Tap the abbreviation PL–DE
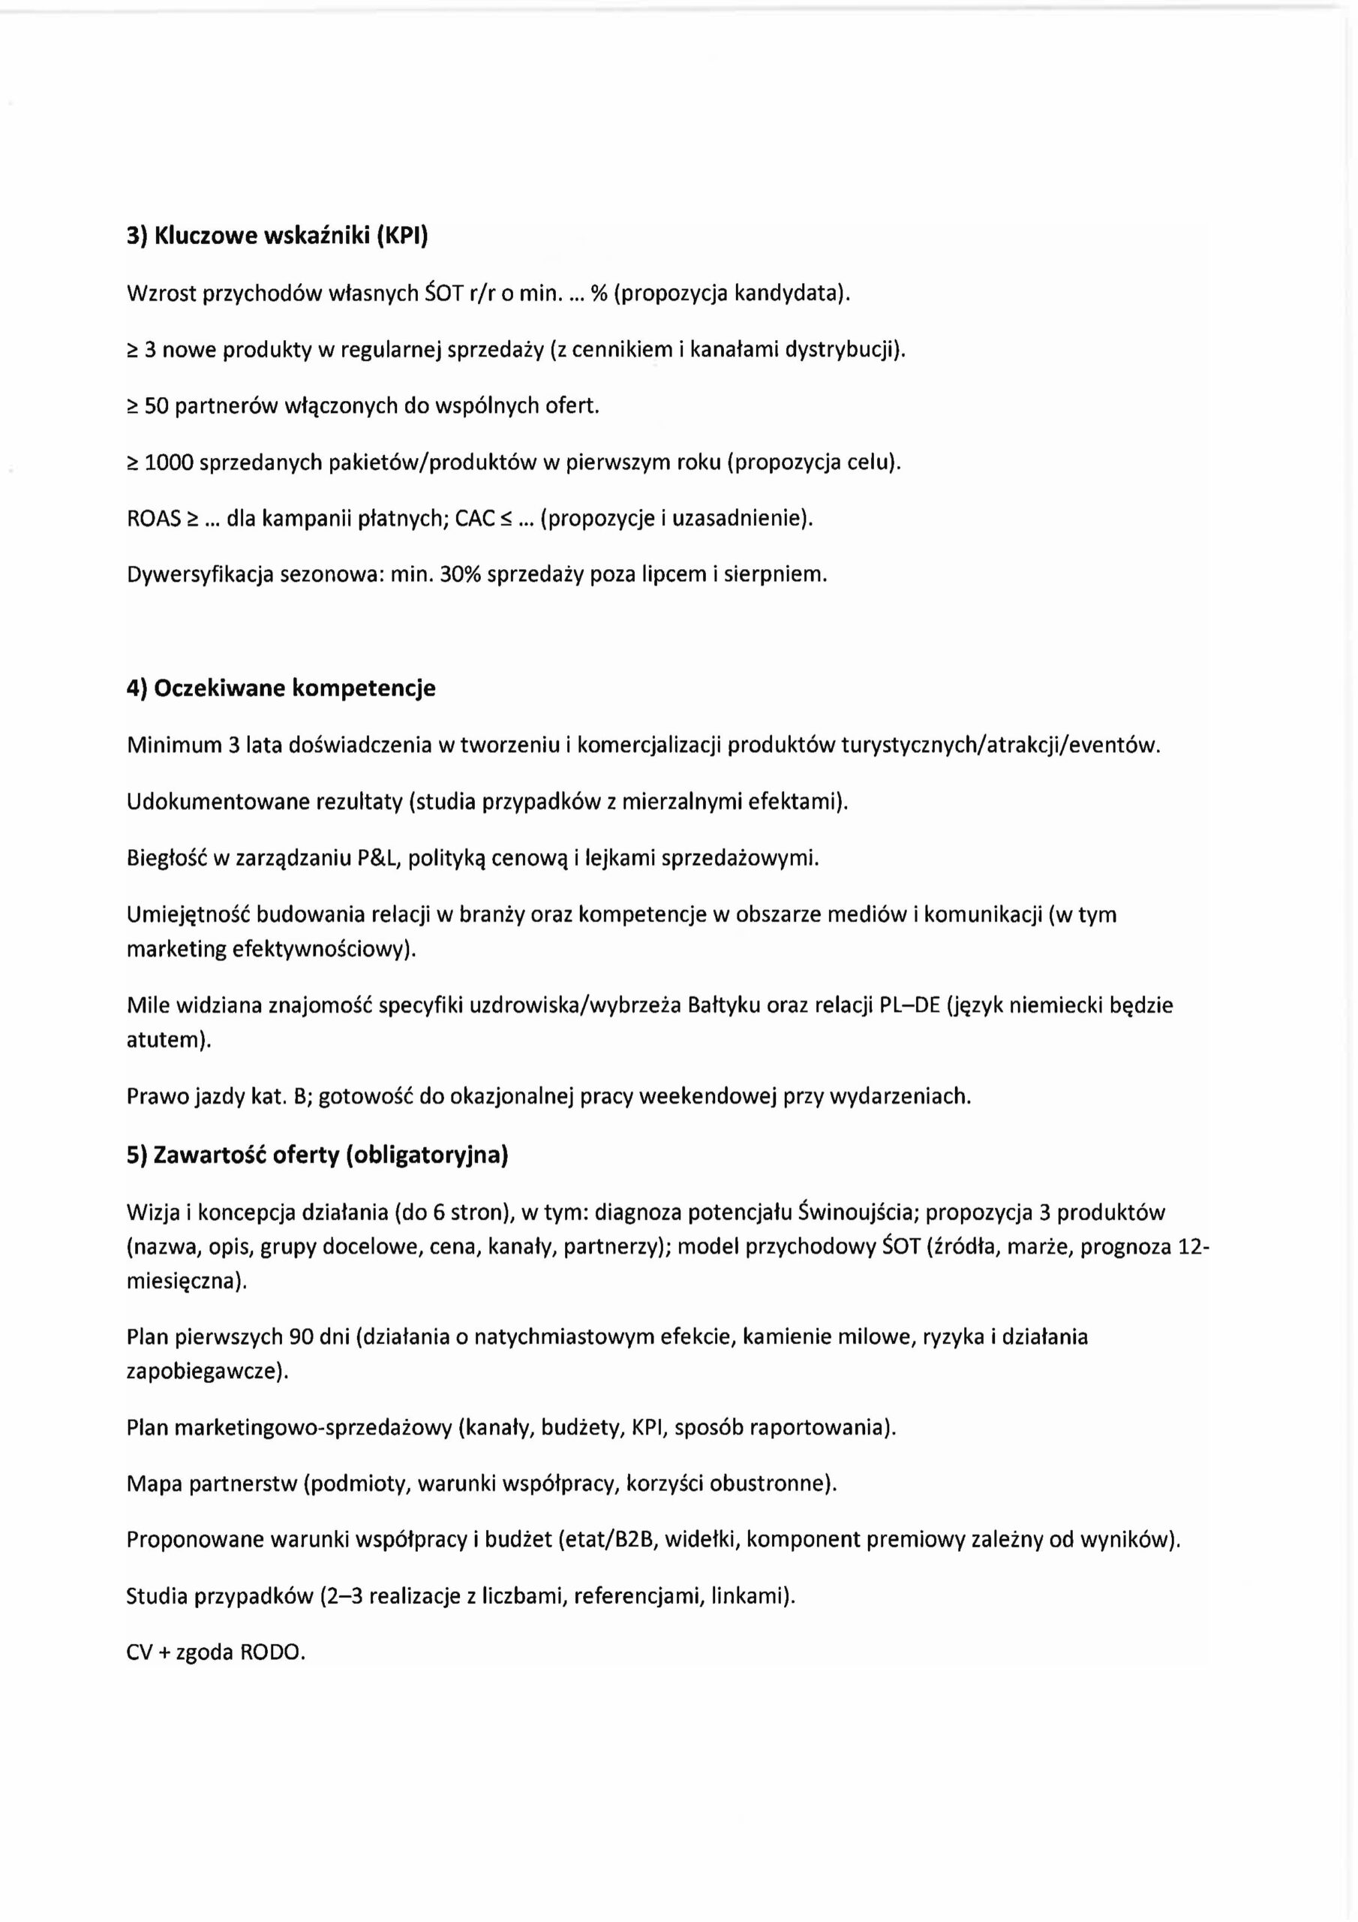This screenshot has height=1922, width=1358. coord(907,1005)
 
